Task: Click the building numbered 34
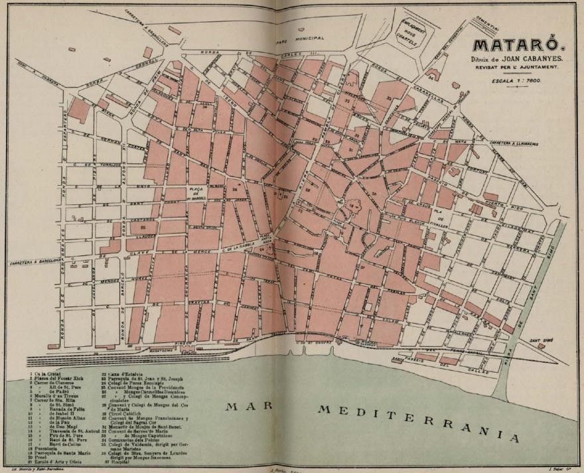click(431, 78)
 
